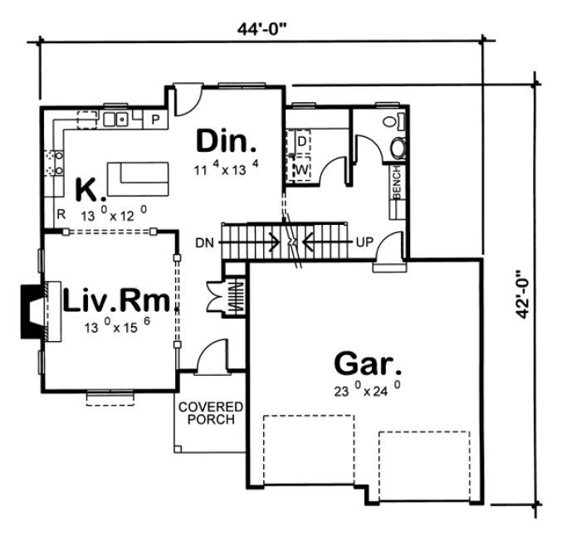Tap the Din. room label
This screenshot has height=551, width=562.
coord(226,141)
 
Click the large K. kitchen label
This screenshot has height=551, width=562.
coord(90,190)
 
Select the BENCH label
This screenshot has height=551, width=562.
coord(397,185)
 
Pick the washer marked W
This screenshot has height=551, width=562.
coord(301,170)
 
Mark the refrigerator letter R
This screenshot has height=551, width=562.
coord(61,214)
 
